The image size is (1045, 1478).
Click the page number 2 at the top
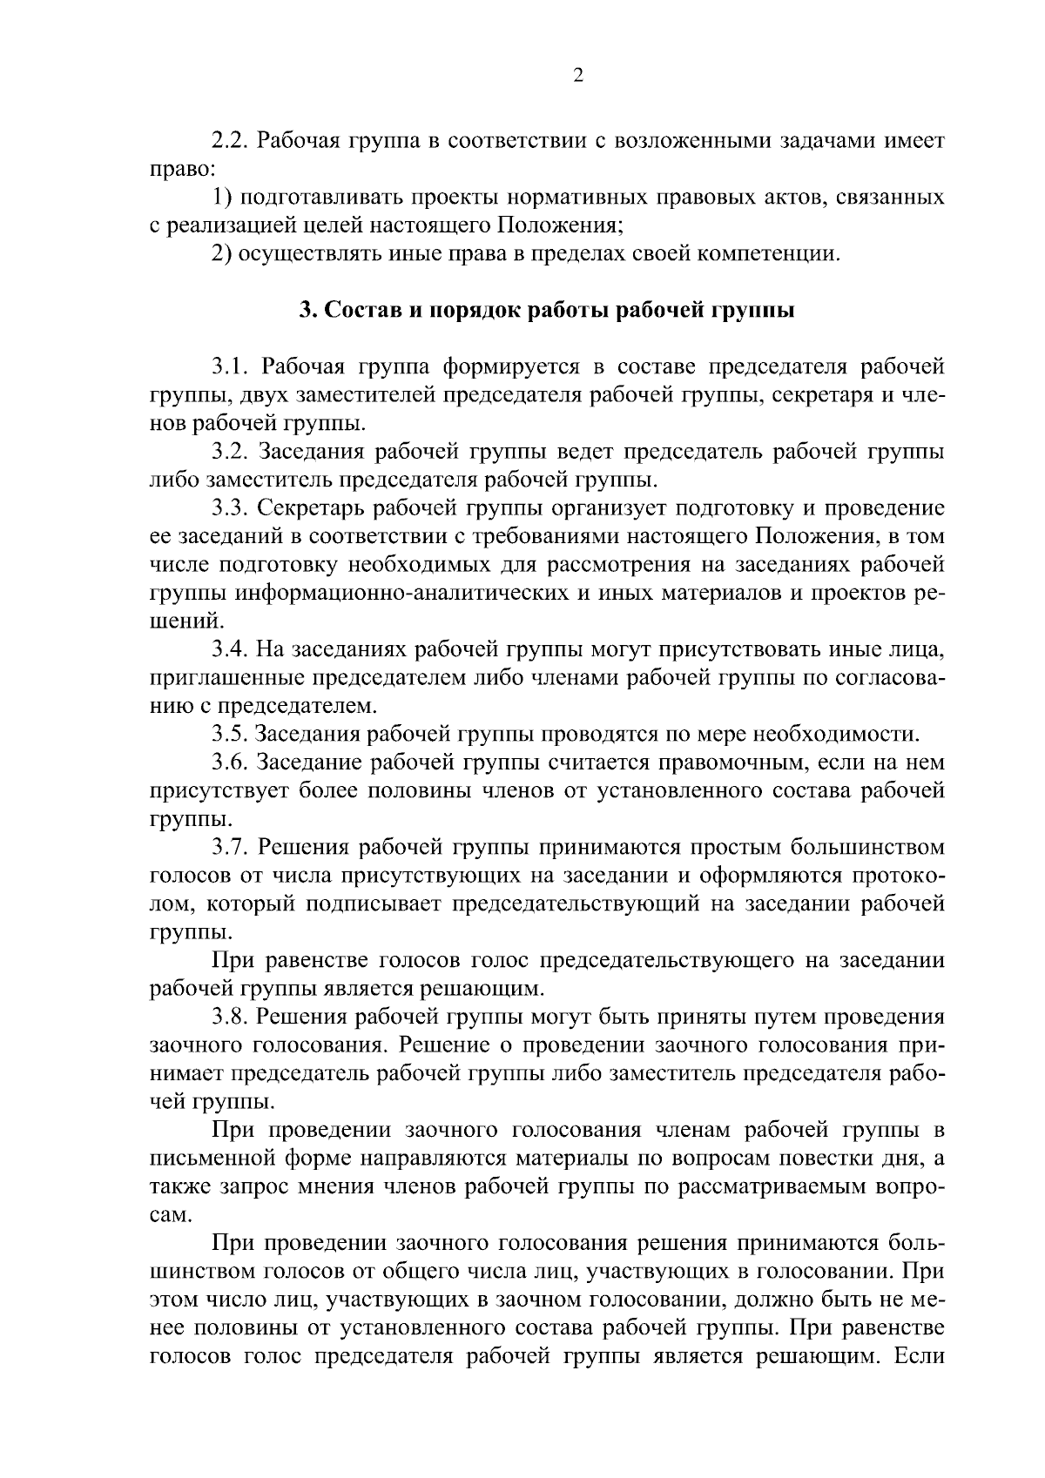tap(577, 76)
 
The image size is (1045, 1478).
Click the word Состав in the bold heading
tap(361, 311)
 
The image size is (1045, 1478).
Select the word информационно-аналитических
tap(405, 594)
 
